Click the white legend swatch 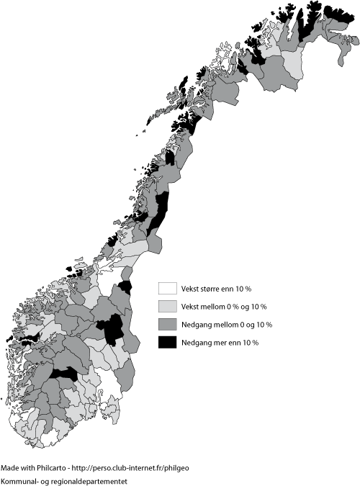(x=167, y=289)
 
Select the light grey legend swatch (x=167, y=307)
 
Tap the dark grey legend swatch (x=167, y=325)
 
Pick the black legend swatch (x=167, y=342)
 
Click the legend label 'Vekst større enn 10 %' (x=216, y=289)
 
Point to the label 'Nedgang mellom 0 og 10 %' (x=227, y=325)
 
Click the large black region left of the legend (x=112, y=330)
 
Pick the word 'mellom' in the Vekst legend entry (x=215, y=307)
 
